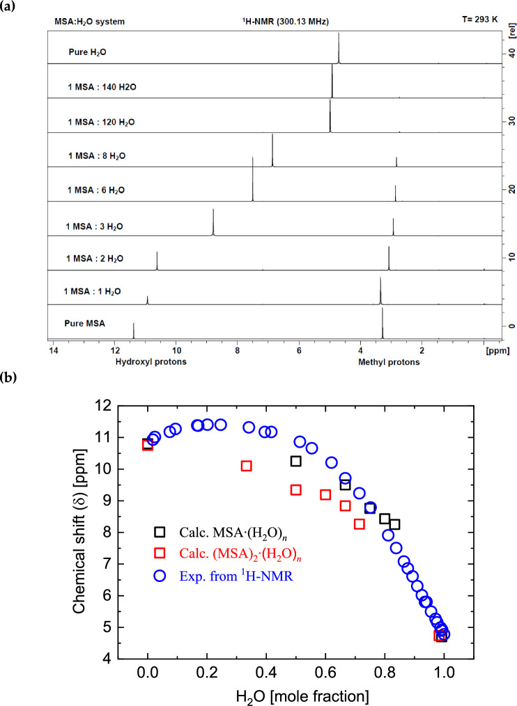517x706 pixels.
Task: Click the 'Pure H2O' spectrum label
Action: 88,52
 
